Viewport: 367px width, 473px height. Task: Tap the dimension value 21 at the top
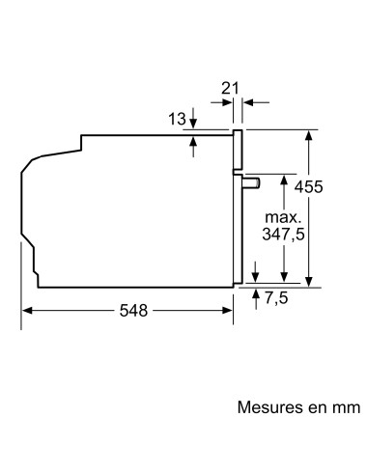230,88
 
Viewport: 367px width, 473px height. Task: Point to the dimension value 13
176,119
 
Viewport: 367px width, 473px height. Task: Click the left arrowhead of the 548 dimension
27,311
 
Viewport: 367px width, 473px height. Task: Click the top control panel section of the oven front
236,150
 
